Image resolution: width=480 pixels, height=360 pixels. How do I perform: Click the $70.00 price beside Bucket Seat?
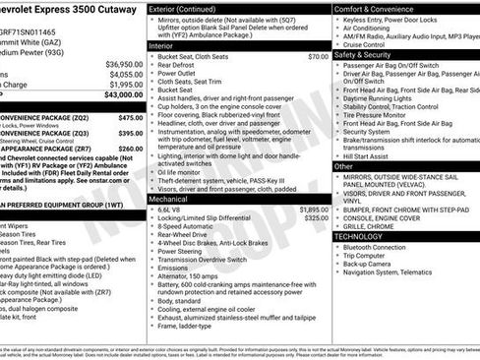(x=318, y=57)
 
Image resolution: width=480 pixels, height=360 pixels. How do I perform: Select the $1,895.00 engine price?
(x=314, y=182)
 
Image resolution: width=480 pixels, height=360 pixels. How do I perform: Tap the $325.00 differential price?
(x=317, y=191)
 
